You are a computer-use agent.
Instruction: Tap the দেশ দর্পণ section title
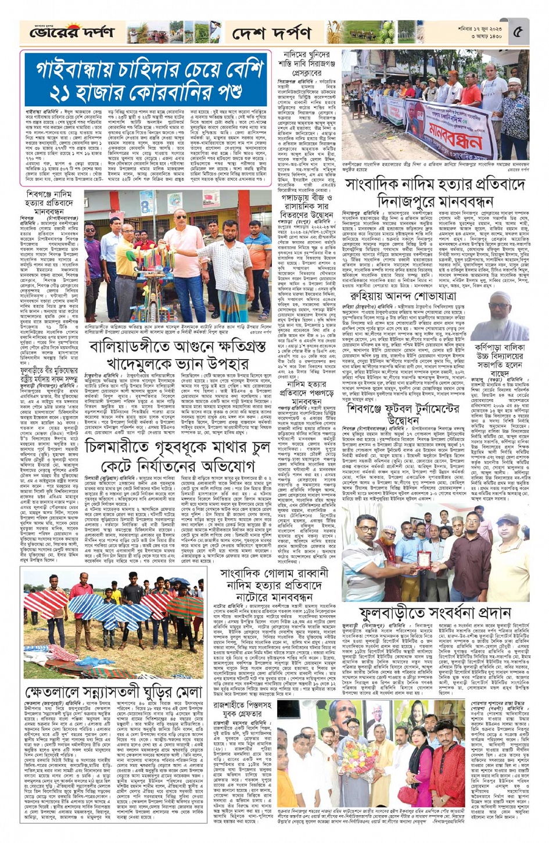click(271, 34)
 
